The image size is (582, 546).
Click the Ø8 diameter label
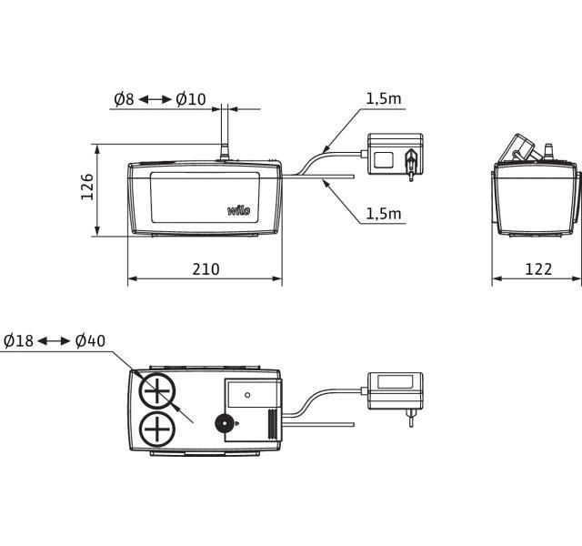pos(124,99)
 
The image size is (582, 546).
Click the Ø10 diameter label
pos(191,99)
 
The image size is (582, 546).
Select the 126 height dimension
pos(87,187)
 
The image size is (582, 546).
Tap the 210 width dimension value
pos(206,269)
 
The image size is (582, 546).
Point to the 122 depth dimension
pos(538,269)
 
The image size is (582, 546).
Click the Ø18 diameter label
pos(18,340)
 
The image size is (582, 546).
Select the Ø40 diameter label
pos(90,340)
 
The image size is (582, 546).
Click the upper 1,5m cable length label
pos(384,99)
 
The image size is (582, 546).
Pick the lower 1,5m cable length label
pos(384,214)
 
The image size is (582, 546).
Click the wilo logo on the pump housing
pos(238,210)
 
